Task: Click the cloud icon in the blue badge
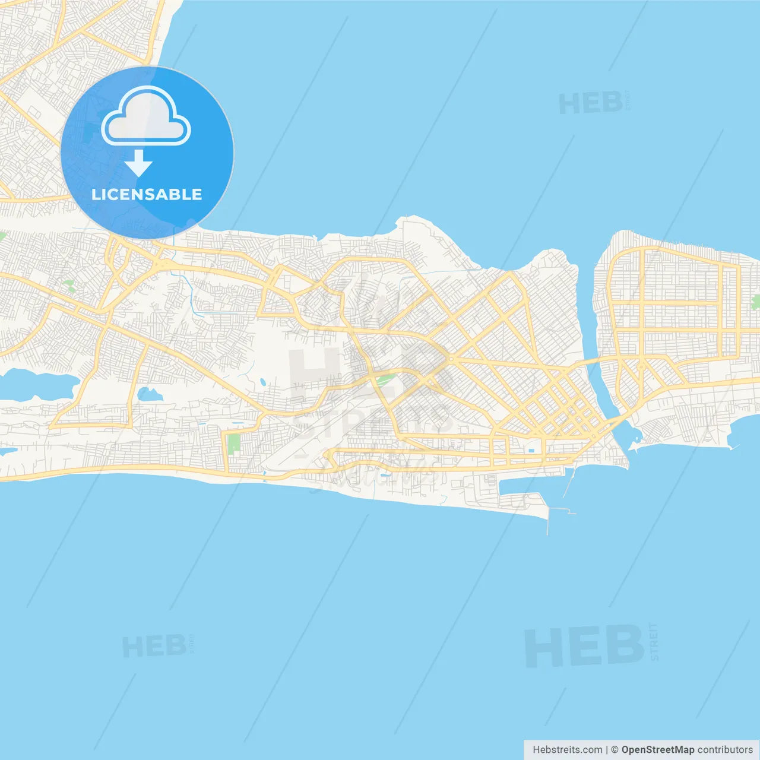[x=146, y=117]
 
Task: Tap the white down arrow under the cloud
[x=139, y=163]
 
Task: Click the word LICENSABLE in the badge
[x=147, y=195]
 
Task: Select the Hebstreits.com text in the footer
[x=567, y=750]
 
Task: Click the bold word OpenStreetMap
[x=657, y=750]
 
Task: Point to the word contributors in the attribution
[x=725, y=750]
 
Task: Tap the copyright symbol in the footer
[x=615, y=750]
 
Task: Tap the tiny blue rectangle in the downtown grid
[x=531, y=450]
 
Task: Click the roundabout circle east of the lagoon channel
[x=640, y=367]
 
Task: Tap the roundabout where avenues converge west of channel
[x=451, y=359]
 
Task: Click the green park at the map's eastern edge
[x=755, y=302]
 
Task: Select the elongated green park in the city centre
[x=386, y=378]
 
